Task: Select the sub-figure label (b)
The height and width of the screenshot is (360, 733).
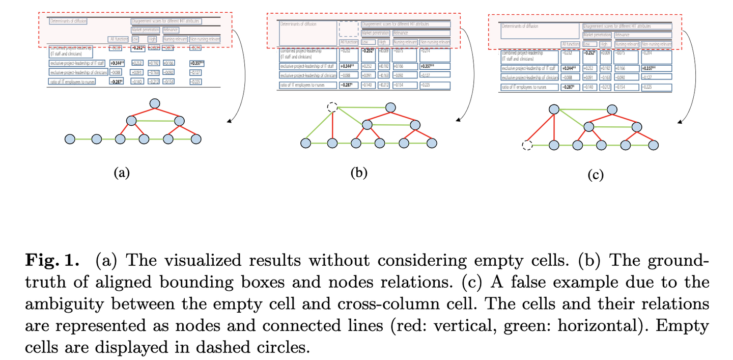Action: click(359, 173)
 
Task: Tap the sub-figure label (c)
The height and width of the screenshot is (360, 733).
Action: click(595, 176)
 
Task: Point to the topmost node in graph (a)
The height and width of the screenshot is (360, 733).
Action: click(155, 104)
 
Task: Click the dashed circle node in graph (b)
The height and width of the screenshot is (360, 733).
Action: click(332, 107)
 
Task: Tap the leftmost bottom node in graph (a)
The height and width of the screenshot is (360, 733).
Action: click(70, 139)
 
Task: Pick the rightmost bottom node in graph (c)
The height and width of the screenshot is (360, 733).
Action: click(653, 146)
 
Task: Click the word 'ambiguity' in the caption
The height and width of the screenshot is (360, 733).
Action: click(63, 304)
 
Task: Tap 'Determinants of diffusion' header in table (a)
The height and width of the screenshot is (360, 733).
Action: click(68, 21)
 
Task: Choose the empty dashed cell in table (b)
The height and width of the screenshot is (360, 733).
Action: click(349, 29)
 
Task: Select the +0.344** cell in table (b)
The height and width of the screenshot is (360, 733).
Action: click(349, 66)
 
